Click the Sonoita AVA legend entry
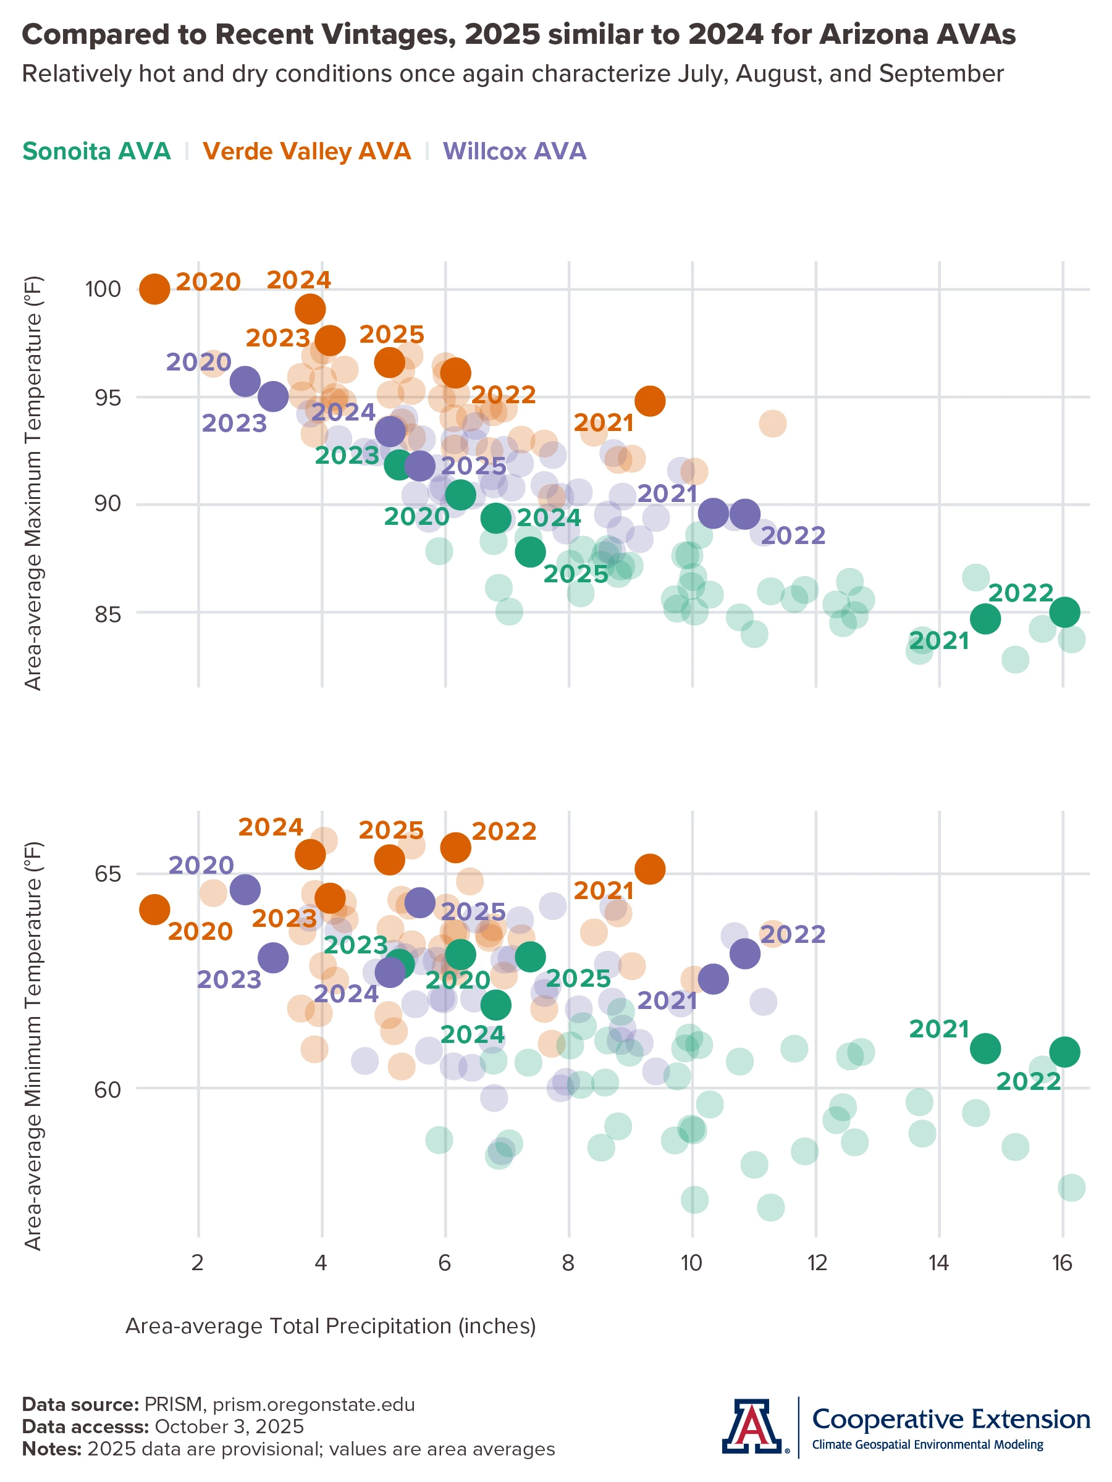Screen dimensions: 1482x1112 [x=96, y=151]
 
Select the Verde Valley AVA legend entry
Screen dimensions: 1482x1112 [x=306, y=151]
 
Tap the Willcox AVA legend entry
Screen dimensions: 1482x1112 [x=514, y=151]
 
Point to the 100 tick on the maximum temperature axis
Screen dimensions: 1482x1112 [x=103, y=290]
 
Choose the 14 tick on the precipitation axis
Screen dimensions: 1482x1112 [x=938, y=1263]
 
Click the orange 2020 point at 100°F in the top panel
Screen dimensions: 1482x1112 [x=155, y=290]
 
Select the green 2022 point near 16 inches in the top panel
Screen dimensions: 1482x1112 [x=1064, y=612]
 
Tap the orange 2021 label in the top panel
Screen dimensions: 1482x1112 [x=603, y=423]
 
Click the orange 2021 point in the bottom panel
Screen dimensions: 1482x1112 [x=649, y=869]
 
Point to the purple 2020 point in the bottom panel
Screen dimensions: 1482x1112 [x=245, y=890]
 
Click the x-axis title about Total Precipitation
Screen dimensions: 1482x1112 [x=331, y=1326]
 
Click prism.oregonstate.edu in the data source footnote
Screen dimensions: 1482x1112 [x=314, y=1405]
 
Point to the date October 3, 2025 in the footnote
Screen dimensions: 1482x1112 [x=229, y=1426]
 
